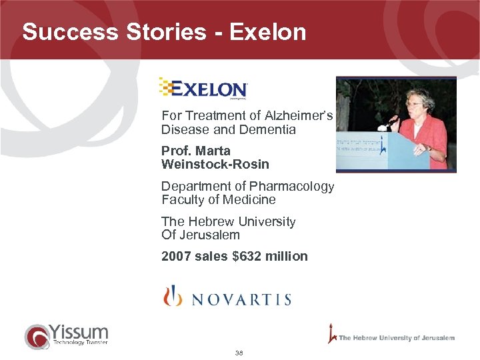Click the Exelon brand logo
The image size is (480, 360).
pyautogui.click(x=203, y=89)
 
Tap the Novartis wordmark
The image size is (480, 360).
pyautogui.click(x=241, y=299)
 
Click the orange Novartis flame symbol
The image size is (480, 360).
pyautogui.click(x=173, y=295)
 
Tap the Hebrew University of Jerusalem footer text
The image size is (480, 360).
pyautogui.click(x=396, y=338)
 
